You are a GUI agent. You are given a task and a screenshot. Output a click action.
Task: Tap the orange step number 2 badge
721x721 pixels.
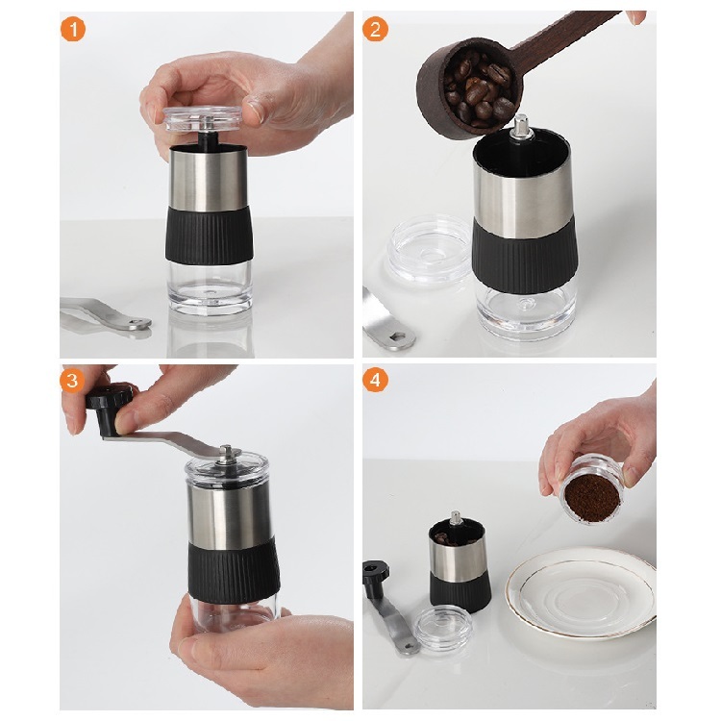[376, 29]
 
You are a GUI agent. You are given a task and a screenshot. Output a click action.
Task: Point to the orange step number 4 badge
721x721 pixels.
[376, 381]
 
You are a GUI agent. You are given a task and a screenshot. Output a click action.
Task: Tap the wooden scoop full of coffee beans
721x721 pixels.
[471, 87]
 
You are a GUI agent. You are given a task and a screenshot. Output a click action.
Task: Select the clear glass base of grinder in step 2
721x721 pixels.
[525, 312]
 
